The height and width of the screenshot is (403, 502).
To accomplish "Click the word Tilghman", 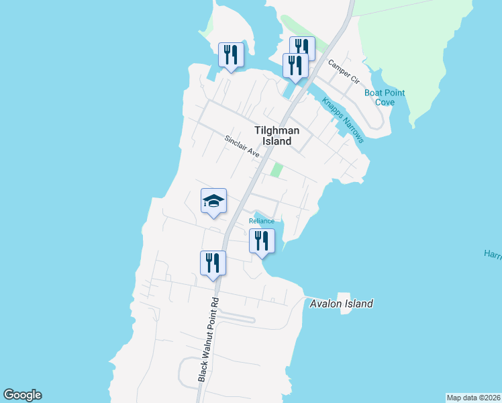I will pyautogui.click(x=277, y=130).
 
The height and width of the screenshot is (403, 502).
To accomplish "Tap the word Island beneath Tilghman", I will pyautogui.click(x=277, y=142).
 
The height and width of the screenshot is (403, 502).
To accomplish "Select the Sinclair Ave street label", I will pyautogui.click(x=242, y=146).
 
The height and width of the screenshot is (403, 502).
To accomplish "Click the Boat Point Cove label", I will pyautogui.click(x=385, y=97).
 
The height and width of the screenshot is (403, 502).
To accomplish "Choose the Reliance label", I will pyautogui.click(x=262, y=221).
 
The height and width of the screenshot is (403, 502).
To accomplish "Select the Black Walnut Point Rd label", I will pyautogui.click(x=207, y=340).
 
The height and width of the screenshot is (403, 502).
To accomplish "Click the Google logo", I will pyautogui.click(x=22, y=395).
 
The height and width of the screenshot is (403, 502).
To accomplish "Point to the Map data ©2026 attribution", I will pyautogui.click(x=473, y=397).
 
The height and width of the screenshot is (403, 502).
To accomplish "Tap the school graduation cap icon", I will pyautogui.click(x=213, y=201).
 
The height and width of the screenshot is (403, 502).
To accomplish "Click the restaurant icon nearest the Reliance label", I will pyautogui.click(x=262, y=241).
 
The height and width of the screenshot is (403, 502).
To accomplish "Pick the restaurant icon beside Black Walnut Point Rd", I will pyautogui.click(x=213, y=263).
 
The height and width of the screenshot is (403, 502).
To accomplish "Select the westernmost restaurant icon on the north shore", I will pyautogui.click(x=231, y=54).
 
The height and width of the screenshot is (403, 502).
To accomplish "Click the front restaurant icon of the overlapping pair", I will pyautogui.click(x=295, y=66).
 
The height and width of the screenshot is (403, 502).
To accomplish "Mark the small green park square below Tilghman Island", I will pyautogui.click(x=277, y=171).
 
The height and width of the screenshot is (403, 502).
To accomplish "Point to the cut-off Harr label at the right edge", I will pyautogui.click(x=493, y=254).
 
